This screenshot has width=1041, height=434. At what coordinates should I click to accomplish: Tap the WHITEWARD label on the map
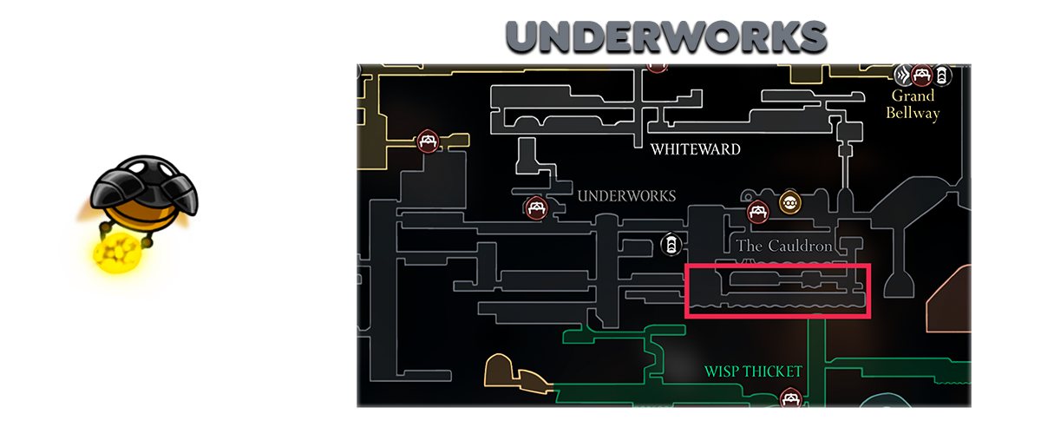coord(696,149)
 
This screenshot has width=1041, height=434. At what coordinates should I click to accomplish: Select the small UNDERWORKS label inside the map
coord(626,196)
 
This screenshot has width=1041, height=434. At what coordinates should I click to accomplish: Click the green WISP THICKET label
coord(753,372)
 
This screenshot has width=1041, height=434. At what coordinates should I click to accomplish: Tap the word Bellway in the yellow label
coord(913,113)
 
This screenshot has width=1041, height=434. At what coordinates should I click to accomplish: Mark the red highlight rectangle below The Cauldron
coord(777,291)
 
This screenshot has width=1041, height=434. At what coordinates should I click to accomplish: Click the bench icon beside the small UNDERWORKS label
coord(536,207)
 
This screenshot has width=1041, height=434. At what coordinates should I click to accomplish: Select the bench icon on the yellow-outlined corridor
coord(426,141)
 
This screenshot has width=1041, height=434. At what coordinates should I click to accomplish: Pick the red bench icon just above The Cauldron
coord(757,211)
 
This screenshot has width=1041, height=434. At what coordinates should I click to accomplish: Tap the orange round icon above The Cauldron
coord(789,202)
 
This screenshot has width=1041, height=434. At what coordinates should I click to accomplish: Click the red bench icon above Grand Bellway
coord(922,74)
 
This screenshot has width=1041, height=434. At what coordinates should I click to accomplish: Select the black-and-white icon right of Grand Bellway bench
coord(942,75)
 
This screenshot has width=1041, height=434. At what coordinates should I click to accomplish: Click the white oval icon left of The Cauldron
coord(670,245)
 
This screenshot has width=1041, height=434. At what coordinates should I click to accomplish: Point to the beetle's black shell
coord(146,184)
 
